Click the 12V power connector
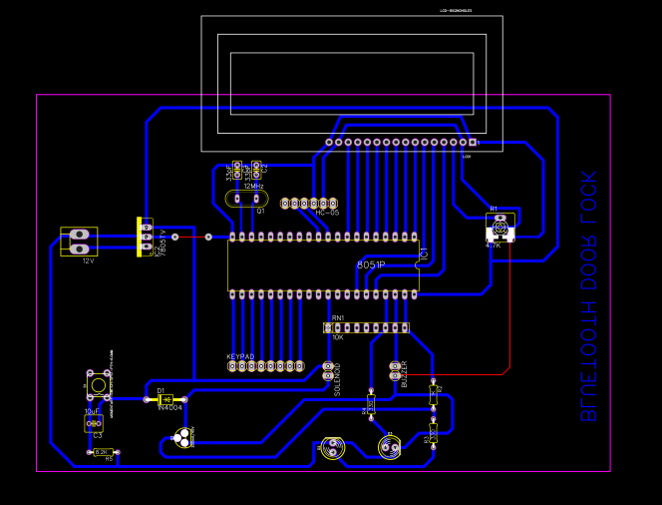click(x=80, y=242)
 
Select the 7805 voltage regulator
click(x=146, y=237)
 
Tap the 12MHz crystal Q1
click(x=246, y=199)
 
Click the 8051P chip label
click(x=370, y=264)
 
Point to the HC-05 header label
click(x=327, y=213)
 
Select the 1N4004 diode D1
click(x=165, y=399)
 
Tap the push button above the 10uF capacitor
click(x=98, y=384)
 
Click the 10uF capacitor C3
click(x=94, y=423)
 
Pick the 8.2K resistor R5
click(x=102, y=452)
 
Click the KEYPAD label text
click(x=240, y=356)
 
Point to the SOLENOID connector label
click(x=337, y=379)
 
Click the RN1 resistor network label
click(x=337, y=317)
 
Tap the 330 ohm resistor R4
click(x=371, y=404)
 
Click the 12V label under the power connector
click(x=88, y=260)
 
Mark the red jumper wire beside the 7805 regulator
click(x=191, y=238)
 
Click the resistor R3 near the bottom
click(x=433, y=432)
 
